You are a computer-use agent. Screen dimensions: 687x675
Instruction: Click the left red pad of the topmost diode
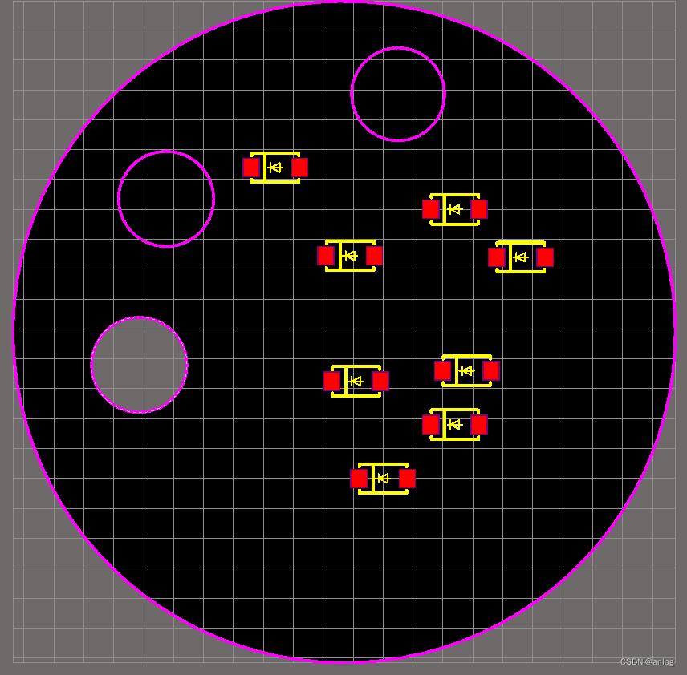251,168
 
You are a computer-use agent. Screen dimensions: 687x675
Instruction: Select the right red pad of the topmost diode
299,168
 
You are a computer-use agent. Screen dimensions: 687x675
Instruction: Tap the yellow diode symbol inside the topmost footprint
275,168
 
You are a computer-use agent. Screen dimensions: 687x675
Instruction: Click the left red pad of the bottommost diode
359,479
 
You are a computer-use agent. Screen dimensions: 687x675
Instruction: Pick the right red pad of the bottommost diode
407,479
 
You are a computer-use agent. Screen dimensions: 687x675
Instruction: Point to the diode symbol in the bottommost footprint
383,479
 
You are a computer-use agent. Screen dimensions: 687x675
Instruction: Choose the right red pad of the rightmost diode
545,257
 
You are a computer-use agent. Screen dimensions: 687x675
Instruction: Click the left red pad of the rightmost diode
497,257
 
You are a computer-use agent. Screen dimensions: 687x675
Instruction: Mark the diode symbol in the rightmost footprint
521,257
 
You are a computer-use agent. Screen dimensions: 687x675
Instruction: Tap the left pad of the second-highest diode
431,209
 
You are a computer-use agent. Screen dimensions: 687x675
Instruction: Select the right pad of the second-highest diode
479,209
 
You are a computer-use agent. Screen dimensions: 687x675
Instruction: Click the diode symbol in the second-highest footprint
455,209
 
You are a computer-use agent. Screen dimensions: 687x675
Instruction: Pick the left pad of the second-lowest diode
431,425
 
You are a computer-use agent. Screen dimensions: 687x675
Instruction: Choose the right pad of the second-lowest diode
479,425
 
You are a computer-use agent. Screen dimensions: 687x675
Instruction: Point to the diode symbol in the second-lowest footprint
455,425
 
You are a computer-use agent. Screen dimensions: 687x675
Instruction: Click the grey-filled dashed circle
139,365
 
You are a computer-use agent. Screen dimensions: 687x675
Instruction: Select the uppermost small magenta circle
398,94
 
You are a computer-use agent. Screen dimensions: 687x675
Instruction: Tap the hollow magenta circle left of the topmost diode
166,199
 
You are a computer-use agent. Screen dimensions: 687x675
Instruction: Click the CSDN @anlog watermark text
647,661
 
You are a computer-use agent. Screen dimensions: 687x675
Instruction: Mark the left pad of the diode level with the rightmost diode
326,256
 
